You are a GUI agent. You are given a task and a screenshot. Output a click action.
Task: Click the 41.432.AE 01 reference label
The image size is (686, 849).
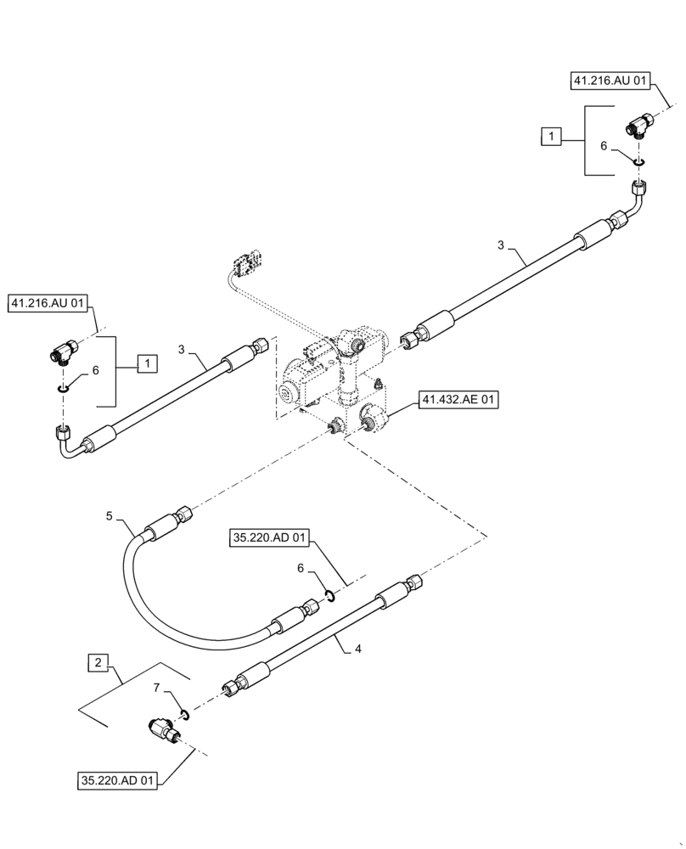coord(458,401)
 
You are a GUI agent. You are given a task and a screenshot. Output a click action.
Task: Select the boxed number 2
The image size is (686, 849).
coord(98,661)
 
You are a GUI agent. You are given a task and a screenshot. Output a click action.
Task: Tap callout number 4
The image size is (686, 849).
coord(358,649)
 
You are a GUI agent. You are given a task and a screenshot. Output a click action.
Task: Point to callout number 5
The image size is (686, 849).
coord(109,514)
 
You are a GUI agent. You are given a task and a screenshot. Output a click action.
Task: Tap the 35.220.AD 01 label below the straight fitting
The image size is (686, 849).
coord(120,782)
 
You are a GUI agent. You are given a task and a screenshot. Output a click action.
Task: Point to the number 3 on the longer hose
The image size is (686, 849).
coord(502,245)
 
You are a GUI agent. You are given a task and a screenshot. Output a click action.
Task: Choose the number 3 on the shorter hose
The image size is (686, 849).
coord(182,349)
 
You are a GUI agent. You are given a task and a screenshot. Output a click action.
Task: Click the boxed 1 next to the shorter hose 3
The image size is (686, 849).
coord(148,363)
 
